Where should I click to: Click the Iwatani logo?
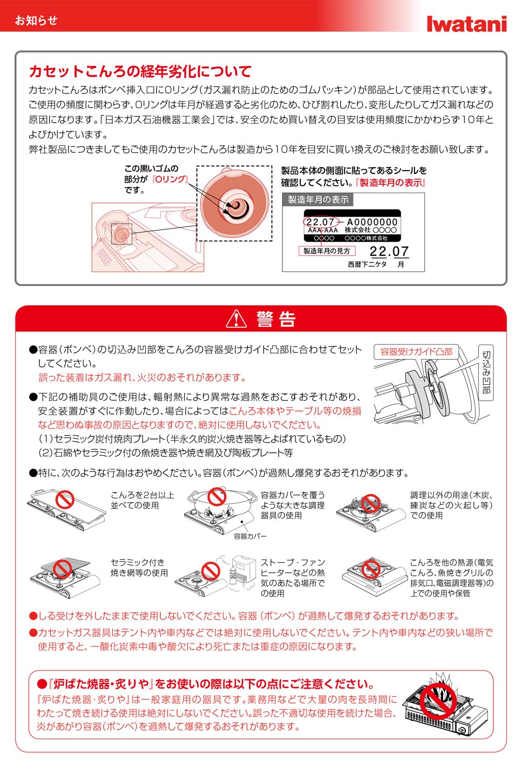tap(466, 23)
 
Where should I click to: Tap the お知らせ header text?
tap(36, 20)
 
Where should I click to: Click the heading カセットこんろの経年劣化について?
tap(140, 72)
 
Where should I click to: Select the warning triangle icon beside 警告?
tap(236, 318)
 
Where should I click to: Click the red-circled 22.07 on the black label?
tap(320, 222)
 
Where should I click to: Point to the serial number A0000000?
tap(372, 222)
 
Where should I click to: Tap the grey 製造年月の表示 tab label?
tap(318, 199)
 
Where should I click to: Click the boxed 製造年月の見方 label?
tap(327, 251)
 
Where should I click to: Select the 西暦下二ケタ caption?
tap(367, 265)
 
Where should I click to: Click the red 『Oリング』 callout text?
tap(170, 179)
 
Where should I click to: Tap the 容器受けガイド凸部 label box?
tap(416, 352)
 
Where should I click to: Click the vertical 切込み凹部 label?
tap(486, 372)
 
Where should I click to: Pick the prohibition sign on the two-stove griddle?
tap(65, 500)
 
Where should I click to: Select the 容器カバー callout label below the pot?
tap(250, 536)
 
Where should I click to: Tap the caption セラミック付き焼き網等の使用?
tap(139, 567)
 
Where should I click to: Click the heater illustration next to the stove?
tap(243, 568)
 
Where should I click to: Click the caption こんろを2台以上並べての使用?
tap(142, 500)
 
